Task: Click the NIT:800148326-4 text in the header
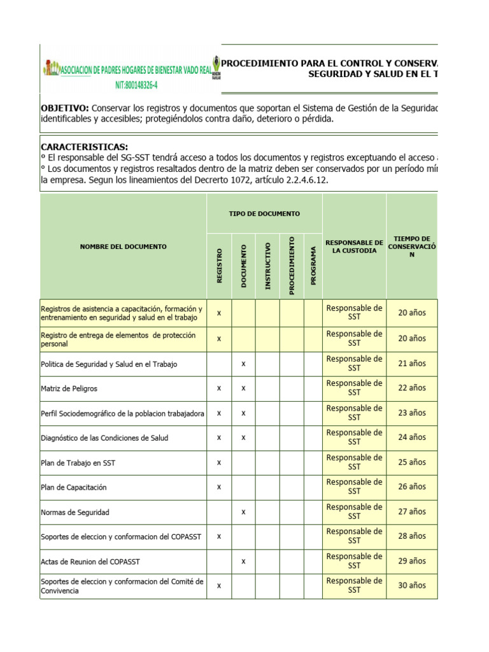tap(136, 85)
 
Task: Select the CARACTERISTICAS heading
tap(84, 147)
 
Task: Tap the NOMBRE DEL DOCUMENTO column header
tap(124, 246)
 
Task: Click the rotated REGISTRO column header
tap(219, 266)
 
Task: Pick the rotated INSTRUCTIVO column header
tap(267, 266)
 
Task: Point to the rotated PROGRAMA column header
tap(313, 266)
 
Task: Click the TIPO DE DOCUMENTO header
tap(264, 214)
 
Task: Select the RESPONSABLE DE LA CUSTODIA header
tap(354, 246)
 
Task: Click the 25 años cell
tap(412, 462)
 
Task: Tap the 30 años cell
tap(412, 586)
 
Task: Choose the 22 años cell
tap(412, 388)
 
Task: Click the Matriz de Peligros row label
tap(69, 388)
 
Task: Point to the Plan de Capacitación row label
tap(74, 487)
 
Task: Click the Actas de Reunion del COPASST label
tap(90, 561)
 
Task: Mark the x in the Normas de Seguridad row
tap(243, 512)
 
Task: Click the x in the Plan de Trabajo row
tap(219, 462)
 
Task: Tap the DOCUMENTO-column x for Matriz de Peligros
tap(243, 388)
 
